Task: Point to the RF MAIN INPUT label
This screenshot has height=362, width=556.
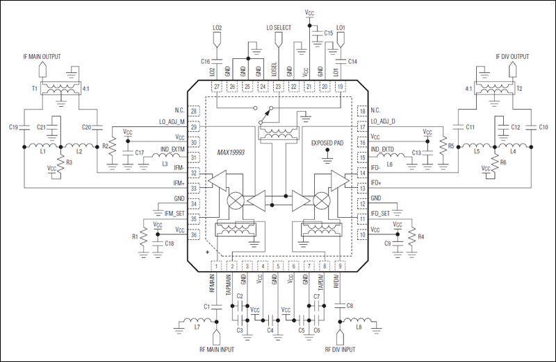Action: click(x=215, y=350)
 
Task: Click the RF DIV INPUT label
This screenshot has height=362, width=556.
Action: click(x=341, y=350)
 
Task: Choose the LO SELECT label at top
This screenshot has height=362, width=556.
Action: click(x=279, y=28)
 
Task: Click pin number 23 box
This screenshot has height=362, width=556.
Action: click(x=279, y=87)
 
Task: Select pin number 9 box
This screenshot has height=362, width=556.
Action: click(x=339, y=266)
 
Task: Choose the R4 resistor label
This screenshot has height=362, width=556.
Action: click(x=422, y=236)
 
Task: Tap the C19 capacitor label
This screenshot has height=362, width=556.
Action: click(x=13, y=127)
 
